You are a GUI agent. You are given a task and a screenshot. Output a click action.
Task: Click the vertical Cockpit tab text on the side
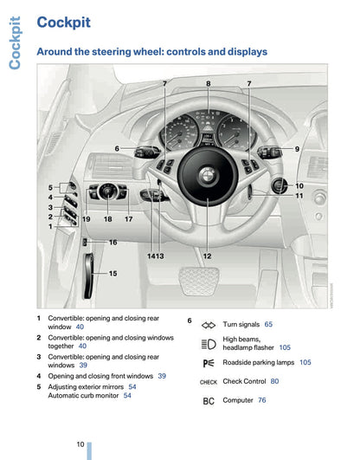[16, 42]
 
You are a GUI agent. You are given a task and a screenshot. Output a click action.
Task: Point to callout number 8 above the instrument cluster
[208, 83]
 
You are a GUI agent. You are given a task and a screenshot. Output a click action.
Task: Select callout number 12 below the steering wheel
[208, 256]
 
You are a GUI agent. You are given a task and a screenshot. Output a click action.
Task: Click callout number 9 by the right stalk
[297, 149]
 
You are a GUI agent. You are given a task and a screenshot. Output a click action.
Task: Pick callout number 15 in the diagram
[112, 273]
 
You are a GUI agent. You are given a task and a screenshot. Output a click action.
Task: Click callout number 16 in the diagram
[112, 243]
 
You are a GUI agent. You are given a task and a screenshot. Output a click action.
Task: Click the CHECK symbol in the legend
[208, 382]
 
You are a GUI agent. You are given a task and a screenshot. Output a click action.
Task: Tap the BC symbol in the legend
[208, 401]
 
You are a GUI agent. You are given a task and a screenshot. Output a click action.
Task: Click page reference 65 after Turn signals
[268, 324]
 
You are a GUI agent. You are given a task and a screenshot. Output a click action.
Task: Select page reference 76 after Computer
[261, 400]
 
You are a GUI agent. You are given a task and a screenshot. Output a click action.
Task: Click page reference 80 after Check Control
[274, 381]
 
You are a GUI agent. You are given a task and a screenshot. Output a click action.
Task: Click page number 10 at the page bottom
[80, 444]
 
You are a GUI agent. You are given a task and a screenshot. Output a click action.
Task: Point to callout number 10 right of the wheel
[299, 185]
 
